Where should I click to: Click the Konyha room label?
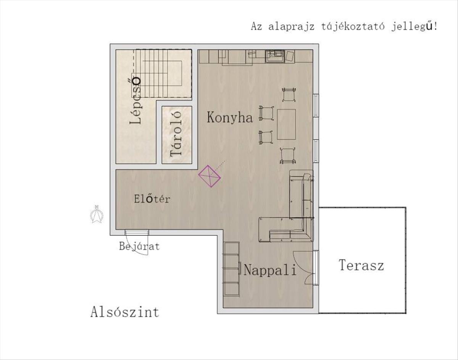(230, 118)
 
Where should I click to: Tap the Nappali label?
(270, 270)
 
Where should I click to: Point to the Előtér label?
(152, 199)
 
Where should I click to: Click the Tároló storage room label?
(176, 134)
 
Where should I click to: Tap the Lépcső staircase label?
(135, 100)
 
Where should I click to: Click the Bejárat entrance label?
(139, 246)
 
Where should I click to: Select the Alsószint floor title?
(125, 312)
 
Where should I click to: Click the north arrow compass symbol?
(97, 214)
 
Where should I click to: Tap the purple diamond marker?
(209, 176)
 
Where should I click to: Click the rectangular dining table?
(286, 124)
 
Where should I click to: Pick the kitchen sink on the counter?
(275, 57)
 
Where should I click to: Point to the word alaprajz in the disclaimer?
(292, 27)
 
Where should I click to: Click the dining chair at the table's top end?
(289, 95)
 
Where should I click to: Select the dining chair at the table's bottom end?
(287, 155)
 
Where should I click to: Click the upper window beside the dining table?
(316, 105)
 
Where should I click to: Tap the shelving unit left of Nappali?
(231, 269)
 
